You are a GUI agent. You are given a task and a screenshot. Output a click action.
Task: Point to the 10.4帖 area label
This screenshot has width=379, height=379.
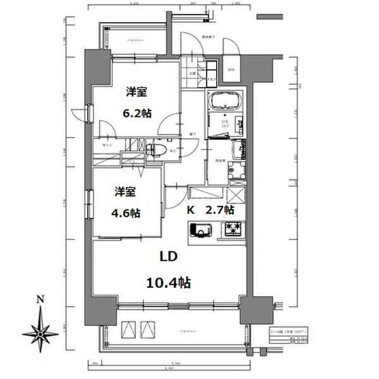pos(167,282)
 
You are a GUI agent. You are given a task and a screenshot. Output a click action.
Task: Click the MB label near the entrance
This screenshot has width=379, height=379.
pos(231,70)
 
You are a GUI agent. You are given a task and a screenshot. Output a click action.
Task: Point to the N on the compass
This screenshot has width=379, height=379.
pos(40,299)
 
